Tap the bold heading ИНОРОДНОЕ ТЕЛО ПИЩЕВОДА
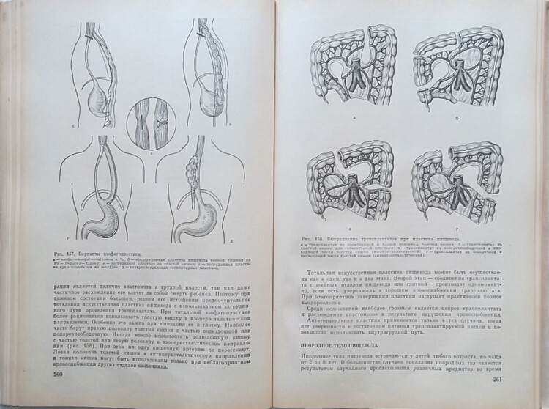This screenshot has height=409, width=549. [346, 343]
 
